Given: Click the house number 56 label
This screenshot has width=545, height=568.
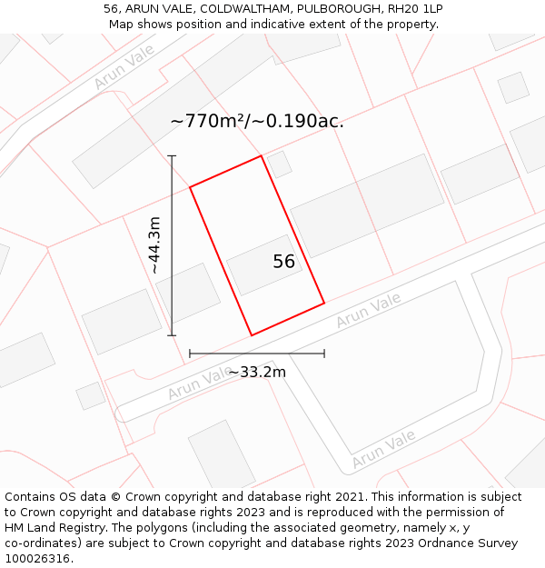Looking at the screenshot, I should coord(284,262).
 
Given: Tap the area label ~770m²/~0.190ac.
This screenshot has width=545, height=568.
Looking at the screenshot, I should coord(257,121).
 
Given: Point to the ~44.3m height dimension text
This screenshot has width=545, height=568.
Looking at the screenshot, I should coord(154,245).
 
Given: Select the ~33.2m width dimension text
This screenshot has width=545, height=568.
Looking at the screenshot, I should coord(256,372).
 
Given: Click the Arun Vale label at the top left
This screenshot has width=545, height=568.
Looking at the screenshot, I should coord(124,70).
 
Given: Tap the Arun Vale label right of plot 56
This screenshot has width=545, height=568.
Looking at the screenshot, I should coord(368,311).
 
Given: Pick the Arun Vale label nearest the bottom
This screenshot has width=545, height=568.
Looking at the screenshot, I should coord(383,449).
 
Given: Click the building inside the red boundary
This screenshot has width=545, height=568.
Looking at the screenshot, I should coord(264,264).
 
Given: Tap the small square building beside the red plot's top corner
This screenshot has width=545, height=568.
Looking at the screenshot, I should coord(279,164).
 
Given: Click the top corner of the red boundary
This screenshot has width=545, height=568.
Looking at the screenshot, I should coord(262,155).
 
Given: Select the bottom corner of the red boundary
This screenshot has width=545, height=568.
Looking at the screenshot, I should coord(252,335).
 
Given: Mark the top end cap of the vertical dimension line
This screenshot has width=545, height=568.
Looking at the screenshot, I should coord(172,156).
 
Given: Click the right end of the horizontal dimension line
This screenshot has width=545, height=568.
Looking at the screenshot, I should coord(324,354).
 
